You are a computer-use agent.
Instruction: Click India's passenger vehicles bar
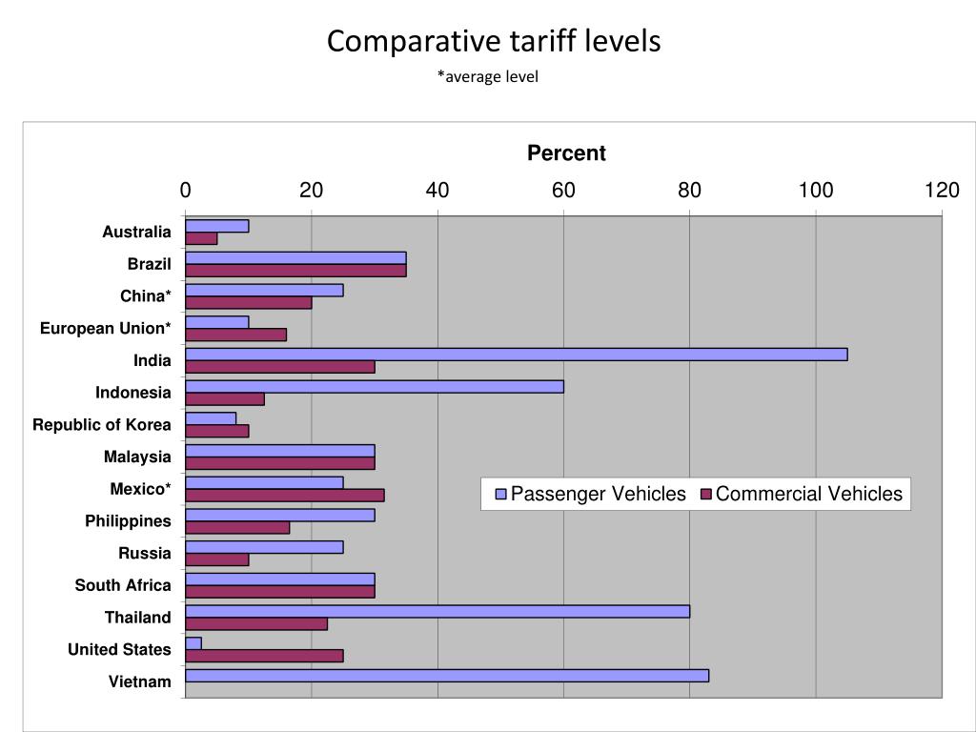pyautogui.click(x=516, y=355)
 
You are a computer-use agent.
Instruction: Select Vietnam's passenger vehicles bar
pyautogui.click(x=447, y=676)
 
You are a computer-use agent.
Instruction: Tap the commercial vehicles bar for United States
pyautogui.click(x=264, y=656)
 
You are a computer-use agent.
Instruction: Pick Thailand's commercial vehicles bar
pyautogui.click(x=256, y=623)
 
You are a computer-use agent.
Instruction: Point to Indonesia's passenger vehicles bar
pyautogui.click(x=375, y=386)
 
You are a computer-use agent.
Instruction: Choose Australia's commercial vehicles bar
pyautogui.click(x=201, y=238)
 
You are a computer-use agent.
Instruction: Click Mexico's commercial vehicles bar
pyautogui.click(x=285, y=495)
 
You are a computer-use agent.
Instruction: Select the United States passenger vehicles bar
pyautogui.click(x=193, y=643)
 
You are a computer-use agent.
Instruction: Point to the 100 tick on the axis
pyautogui.click(x=816, y=191)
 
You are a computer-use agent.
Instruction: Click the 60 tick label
pyautogui.click(x=563, y=191)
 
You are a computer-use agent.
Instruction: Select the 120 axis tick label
pyautogui.click(x=942, y=191)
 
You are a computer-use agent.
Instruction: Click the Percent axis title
pyautogui.click(x=566, y=153)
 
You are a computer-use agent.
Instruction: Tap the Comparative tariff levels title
pyautogui.click(x=494, y=41)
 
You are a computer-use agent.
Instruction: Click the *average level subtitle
pyautogui.click(x=488, y=76)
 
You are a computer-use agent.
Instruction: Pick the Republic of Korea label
pyautogui.click(x=102, y=425)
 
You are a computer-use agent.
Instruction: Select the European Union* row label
pyautogui.click(x=106, y=329)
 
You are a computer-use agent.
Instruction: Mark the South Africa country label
pyautogui.click(x=123, y=585)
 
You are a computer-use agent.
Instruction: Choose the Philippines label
pyautogui.click(x=128, y=521)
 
